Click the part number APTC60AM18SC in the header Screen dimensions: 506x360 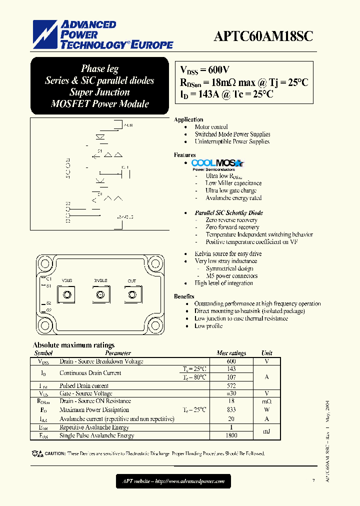[263, 37]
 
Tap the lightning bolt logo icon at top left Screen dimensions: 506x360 [45, 35]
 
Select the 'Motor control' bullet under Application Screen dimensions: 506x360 [211, 127]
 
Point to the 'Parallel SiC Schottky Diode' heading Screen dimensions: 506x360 [228, 212]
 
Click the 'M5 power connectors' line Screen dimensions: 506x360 [231, 275]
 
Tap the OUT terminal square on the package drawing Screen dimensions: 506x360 [131, 294]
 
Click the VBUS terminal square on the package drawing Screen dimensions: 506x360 [67, 294]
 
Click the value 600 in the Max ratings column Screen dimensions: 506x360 [231, 361]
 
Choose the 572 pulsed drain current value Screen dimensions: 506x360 [231, 385]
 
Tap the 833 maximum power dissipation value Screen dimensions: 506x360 [231, 409]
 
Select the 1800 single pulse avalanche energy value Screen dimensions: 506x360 [231, 435]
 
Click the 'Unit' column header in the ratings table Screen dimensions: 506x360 [267, 353]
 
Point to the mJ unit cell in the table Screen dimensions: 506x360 [267, 431]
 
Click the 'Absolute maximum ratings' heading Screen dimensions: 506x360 [73, 345]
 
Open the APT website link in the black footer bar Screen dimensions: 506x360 [173, 481]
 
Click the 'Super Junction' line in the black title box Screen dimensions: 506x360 [99, 92]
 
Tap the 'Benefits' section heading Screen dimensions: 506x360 [184, 296]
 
